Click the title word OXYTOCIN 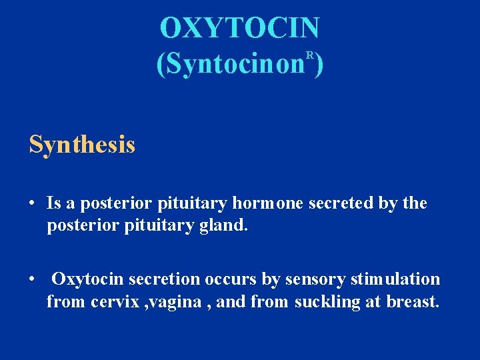point(240,28)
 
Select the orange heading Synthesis point(82,144)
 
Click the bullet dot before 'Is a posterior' point(32,203)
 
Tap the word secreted point(339,203)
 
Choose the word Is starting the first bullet point(54,203)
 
